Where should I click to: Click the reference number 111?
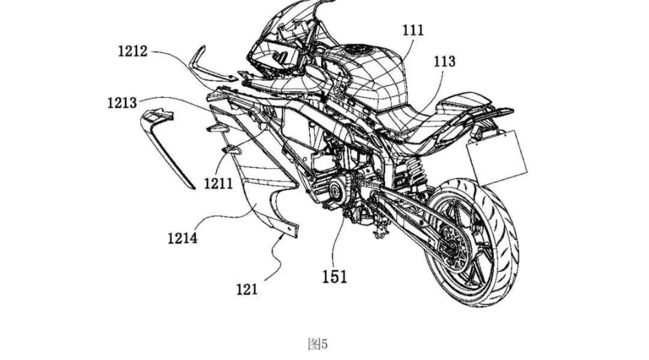413,30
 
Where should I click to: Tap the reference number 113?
445,61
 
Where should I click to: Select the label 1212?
132,51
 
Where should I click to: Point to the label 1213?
122,103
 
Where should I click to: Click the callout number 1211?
219,183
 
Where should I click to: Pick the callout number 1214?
183,238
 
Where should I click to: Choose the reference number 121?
247,289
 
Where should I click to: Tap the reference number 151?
335,277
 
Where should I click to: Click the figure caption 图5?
318,344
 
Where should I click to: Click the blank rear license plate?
497,157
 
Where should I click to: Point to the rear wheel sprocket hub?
452,248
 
